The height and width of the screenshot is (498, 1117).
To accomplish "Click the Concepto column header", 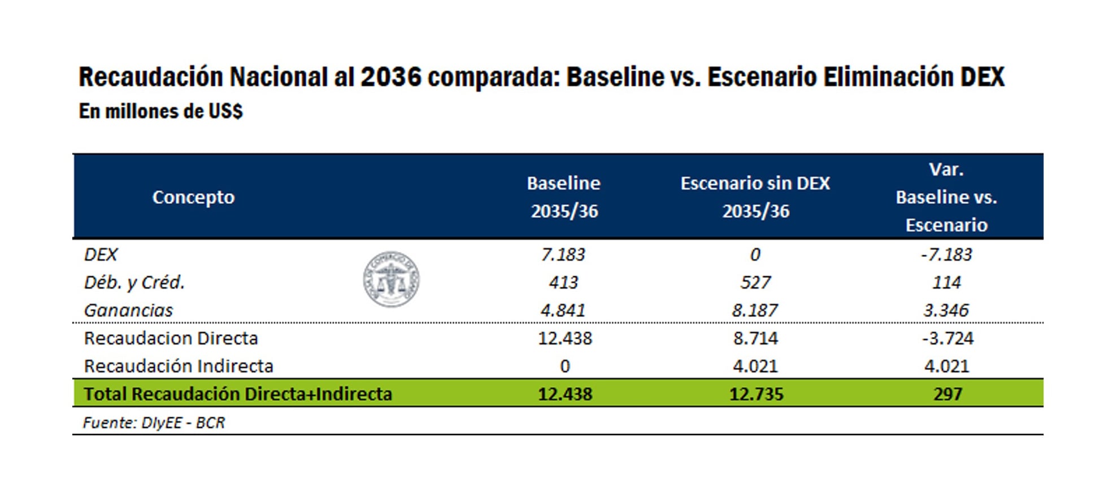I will click(x=193, y=197).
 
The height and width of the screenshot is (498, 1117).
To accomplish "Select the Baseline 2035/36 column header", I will click(x=563, y=197).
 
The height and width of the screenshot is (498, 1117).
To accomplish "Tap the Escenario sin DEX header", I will click(x=755, y=197).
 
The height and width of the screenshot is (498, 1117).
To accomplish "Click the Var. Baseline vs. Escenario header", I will click(x=946, y=197).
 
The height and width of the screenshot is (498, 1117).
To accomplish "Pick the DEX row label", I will click(x=101, y=255).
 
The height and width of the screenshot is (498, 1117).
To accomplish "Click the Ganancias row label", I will click(x=128, y=310).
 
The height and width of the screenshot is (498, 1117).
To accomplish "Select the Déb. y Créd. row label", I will click(x=134, y=282).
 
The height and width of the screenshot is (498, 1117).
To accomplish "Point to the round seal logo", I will click(x=391, y=279).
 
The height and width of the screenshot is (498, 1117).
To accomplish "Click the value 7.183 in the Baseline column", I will click(x=563, y=255).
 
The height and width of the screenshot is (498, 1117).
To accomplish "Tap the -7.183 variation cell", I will click(x=946, y=255).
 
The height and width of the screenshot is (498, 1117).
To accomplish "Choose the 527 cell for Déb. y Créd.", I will click(x=755, y=282).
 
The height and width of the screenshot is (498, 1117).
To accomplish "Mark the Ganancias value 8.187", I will click(x=755, y=310).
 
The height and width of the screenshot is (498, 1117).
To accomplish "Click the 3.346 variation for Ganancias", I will click(x=946, y=310).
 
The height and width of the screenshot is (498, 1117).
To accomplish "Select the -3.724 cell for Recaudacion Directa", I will click(x=948, y=338).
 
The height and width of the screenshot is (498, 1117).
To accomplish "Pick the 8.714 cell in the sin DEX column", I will click(x=755, y=338).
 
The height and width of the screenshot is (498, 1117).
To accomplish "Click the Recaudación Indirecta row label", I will click(x=179, y=366).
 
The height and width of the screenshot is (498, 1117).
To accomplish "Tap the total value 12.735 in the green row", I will click(x=756, y=394).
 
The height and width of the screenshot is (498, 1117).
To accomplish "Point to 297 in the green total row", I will click(x=948, y=394).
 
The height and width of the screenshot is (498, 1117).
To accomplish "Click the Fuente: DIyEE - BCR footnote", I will click(x=154, y=422).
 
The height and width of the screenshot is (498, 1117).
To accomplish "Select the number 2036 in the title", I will click(x=391, y=77).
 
